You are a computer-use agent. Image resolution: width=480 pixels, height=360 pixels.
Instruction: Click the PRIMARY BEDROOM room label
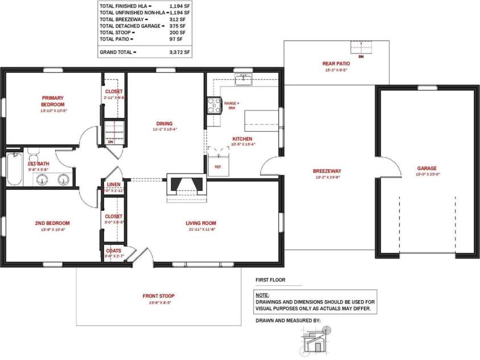pos(52,101)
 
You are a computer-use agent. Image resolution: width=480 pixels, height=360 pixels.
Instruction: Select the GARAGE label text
pos(426,168)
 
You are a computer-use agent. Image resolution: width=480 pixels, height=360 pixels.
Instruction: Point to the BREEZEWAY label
pos(327,171)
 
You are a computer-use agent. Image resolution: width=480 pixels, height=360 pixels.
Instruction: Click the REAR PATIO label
pos(336,64)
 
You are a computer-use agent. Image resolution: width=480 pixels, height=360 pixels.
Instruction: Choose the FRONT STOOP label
pos(158,296)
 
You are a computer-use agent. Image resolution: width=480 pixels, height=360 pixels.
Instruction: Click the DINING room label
pos(165,123)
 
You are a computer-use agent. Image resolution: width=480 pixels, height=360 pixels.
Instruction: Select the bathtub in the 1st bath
pos(14,169)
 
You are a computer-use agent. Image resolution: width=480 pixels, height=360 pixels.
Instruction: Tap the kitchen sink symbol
pos(244,79)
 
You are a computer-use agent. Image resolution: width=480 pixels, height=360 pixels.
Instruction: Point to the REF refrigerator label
pos(218,167)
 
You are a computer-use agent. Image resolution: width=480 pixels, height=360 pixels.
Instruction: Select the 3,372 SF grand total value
pos(179,52)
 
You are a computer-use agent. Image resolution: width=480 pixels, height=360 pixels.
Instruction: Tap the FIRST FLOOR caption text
pos(270,280)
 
